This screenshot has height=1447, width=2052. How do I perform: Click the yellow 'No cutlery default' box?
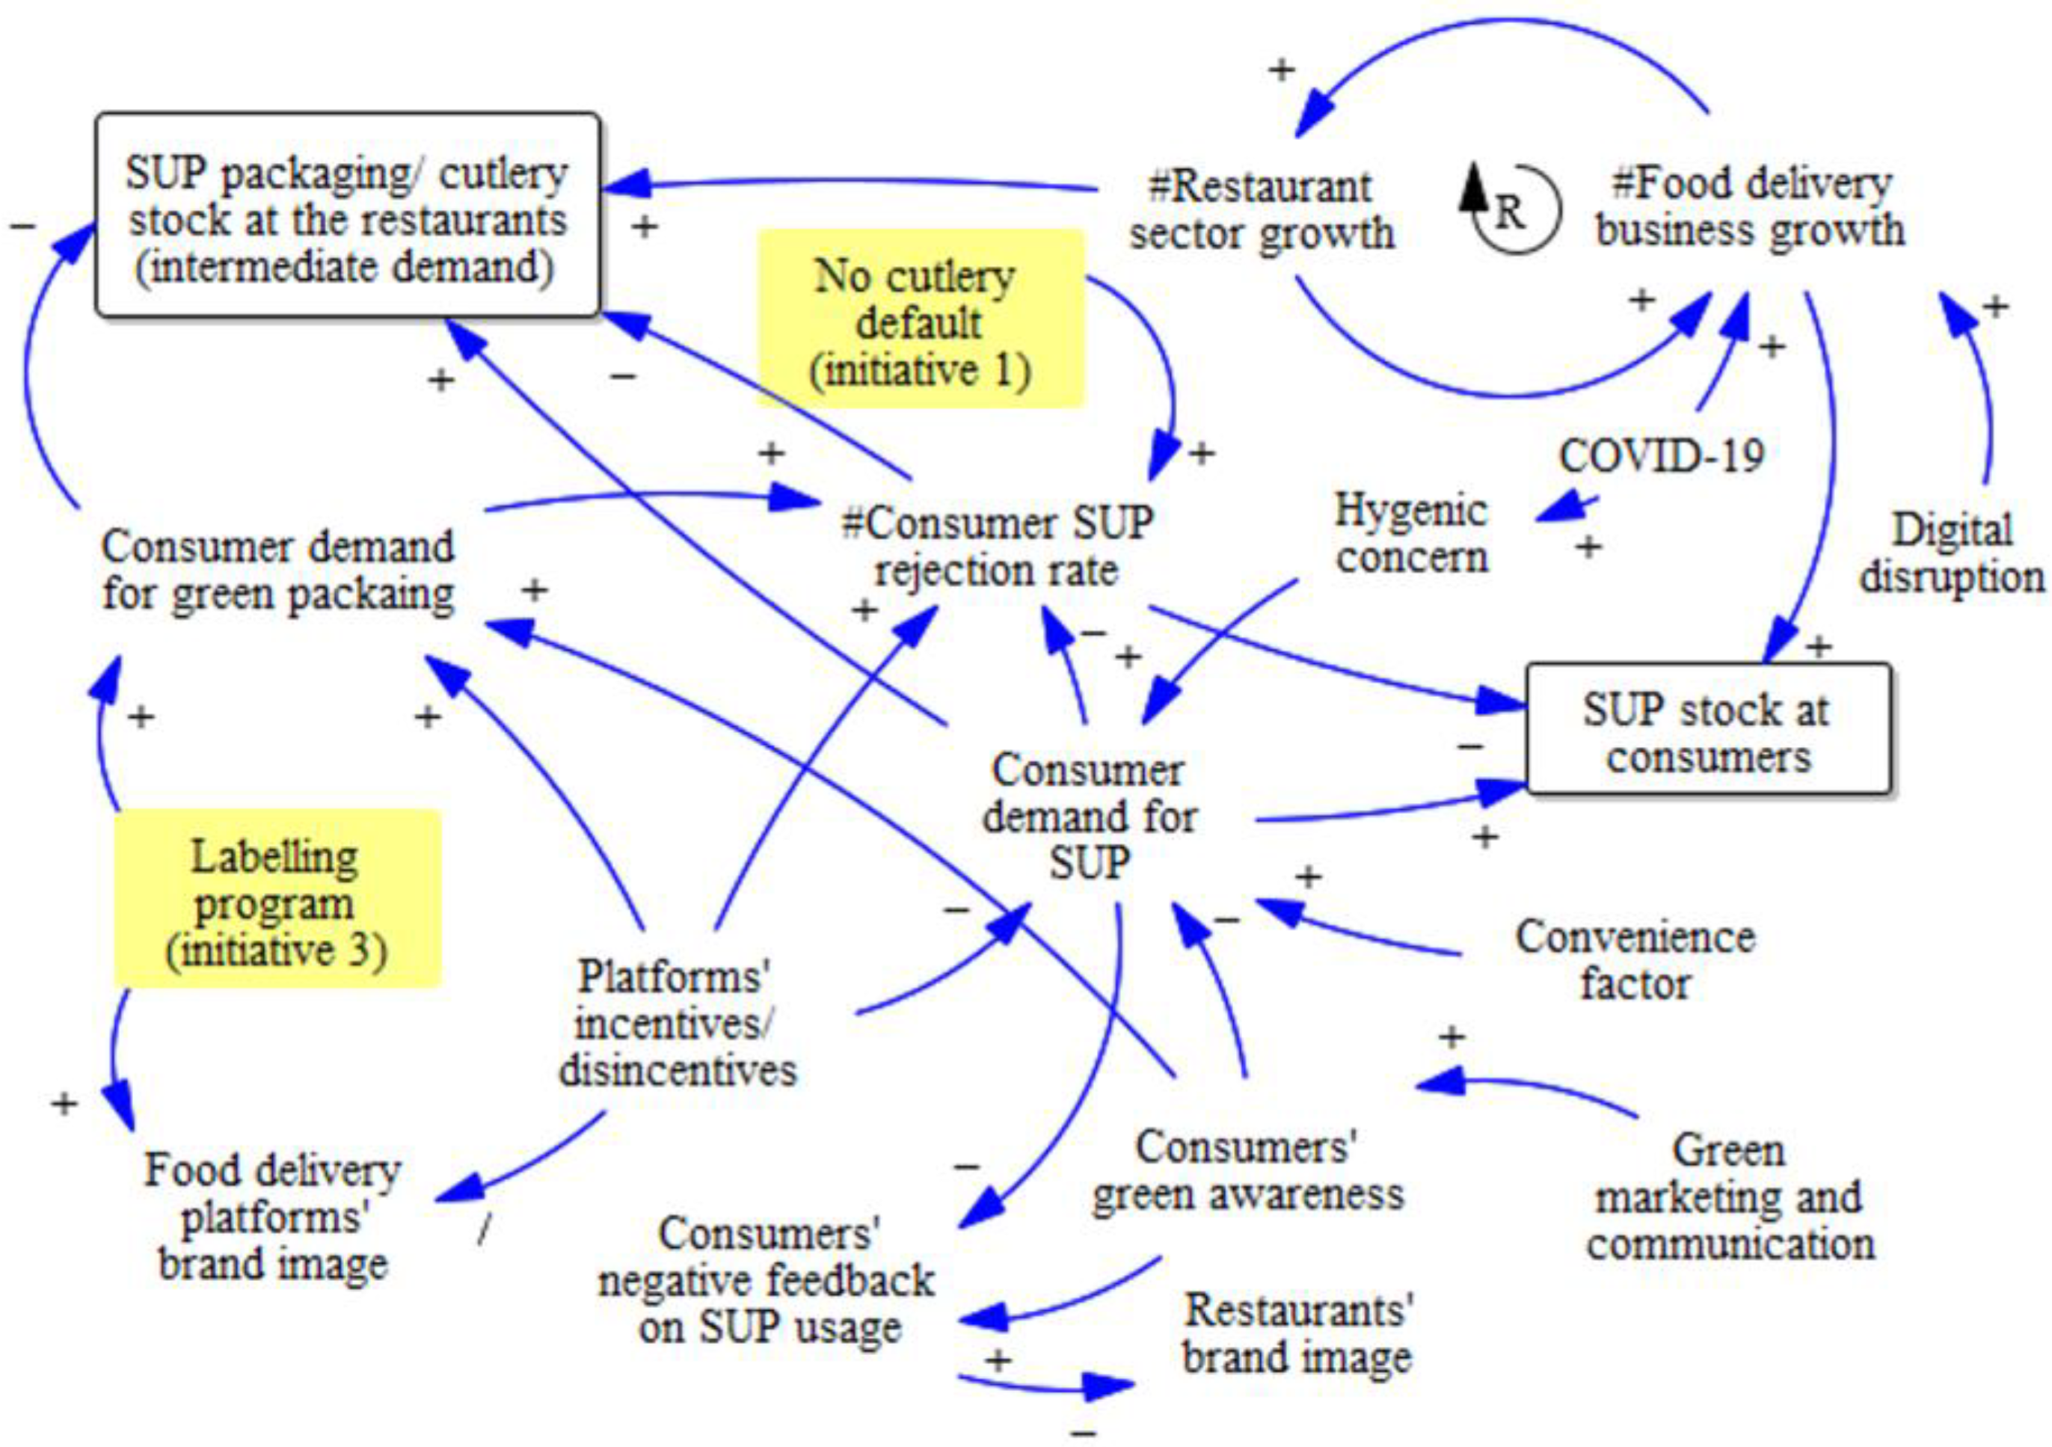coord(921,319)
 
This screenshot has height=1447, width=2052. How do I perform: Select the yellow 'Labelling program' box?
coord(277,899)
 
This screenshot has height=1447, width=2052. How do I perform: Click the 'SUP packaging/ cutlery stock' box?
coord(348,215)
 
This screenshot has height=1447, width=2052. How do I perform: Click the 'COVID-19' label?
coord(1662,456)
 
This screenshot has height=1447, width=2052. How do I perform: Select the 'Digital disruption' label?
coord(1952,553)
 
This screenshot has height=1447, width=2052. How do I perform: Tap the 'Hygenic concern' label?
coord(1412,534)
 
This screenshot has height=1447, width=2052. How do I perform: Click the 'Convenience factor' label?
coord(1635,961)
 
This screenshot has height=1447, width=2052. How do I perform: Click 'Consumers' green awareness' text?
coord(1247,1172)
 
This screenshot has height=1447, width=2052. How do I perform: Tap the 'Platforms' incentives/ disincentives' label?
coord(677,1023)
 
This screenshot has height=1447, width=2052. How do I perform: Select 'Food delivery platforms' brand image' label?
coord(274,1217)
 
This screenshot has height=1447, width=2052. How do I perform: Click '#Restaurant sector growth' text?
coord(1261,210)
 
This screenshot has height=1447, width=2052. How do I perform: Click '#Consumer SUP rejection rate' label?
coord(998,546)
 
